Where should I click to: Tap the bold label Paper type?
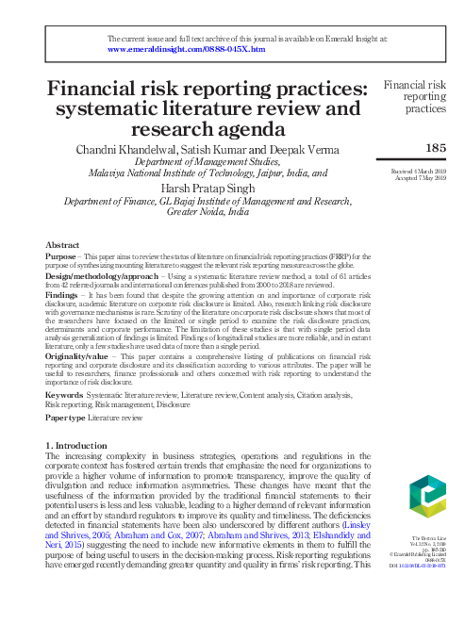(x=67, y=416)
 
